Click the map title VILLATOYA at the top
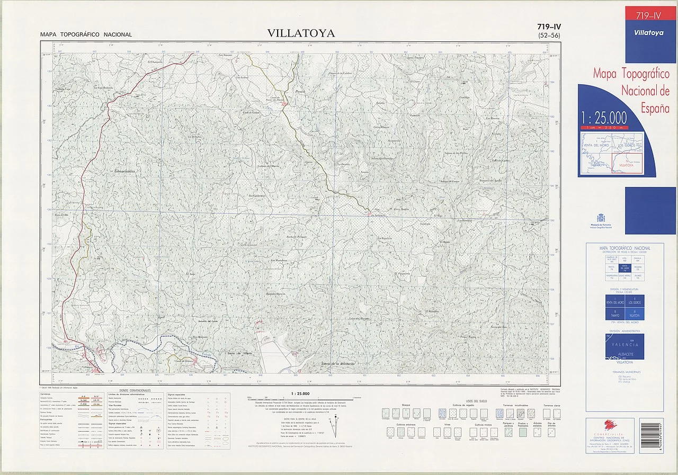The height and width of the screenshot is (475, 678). [x=301, y=33]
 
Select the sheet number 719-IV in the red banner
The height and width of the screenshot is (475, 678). [x=650, y=16]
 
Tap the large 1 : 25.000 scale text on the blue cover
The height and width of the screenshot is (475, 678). [x=604, y=118]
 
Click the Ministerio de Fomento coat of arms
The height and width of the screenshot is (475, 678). [x=600, y=218]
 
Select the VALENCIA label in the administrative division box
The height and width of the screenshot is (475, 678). [x=625, y=345]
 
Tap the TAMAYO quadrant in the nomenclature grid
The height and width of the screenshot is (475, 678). [x=615, y=313]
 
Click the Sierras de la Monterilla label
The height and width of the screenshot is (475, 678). [x=337, y=364]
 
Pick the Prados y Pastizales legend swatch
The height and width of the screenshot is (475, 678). [x=523, y=432]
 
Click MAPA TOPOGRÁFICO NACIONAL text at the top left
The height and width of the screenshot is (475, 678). [x=86, y=35]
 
